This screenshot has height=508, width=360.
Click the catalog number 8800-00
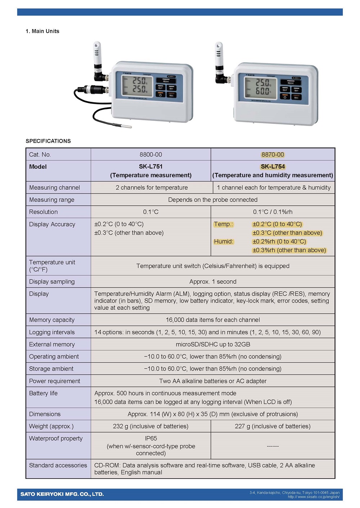[150, 154]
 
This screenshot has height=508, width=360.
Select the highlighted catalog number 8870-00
[273, 154]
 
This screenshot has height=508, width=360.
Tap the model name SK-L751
[150, 167]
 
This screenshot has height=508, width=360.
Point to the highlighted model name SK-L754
[273, 167]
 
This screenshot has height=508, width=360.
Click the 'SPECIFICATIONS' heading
[48, 141]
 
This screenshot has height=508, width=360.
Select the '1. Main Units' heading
[42, 31]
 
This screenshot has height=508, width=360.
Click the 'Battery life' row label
[43, 393]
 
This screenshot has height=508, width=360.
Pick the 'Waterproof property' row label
[56, 438]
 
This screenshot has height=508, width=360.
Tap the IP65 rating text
[151, 438]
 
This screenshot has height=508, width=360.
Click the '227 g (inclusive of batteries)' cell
[273, 426]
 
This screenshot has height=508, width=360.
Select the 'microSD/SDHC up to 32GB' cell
[213, 344]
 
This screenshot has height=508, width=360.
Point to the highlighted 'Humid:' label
[224, 241]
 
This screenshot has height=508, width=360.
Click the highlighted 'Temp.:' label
[223, 224]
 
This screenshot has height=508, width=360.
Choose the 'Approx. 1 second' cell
[213, 281]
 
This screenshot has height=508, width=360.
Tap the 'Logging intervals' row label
[52, 332]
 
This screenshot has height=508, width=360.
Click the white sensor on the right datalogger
[219, 54]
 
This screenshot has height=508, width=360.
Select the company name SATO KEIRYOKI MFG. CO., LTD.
[62, 494]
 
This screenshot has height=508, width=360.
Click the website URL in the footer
[313, 497]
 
